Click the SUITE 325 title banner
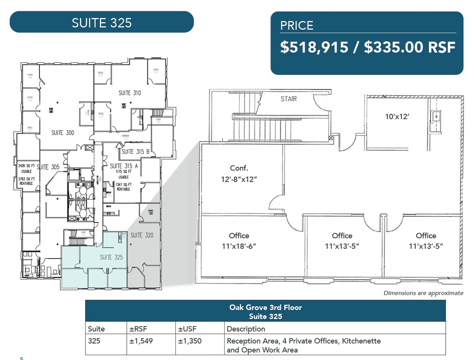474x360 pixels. click(102, 22)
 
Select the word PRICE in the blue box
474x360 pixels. click(297, 26)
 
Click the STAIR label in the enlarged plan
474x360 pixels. click(289, 98)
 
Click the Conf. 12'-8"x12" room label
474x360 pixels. click(239, 174)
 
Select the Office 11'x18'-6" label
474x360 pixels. click(239, 241)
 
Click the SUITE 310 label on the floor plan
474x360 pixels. click(130, 93)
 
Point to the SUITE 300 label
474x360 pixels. click(63, 133)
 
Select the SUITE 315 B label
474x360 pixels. click(135, 152)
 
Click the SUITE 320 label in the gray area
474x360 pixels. click(142, 235)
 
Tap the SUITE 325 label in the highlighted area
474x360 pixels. click(111, 257)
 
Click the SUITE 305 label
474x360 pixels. click(48, 167)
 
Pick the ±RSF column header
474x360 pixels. click(137, 329)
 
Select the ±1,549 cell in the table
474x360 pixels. click(141, 341)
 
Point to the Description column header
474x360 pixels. click(246, 329)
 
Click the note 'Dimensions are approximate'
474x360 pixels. click(423, 293)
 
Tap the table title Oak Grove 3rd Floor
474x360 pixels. click(265, 308)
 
